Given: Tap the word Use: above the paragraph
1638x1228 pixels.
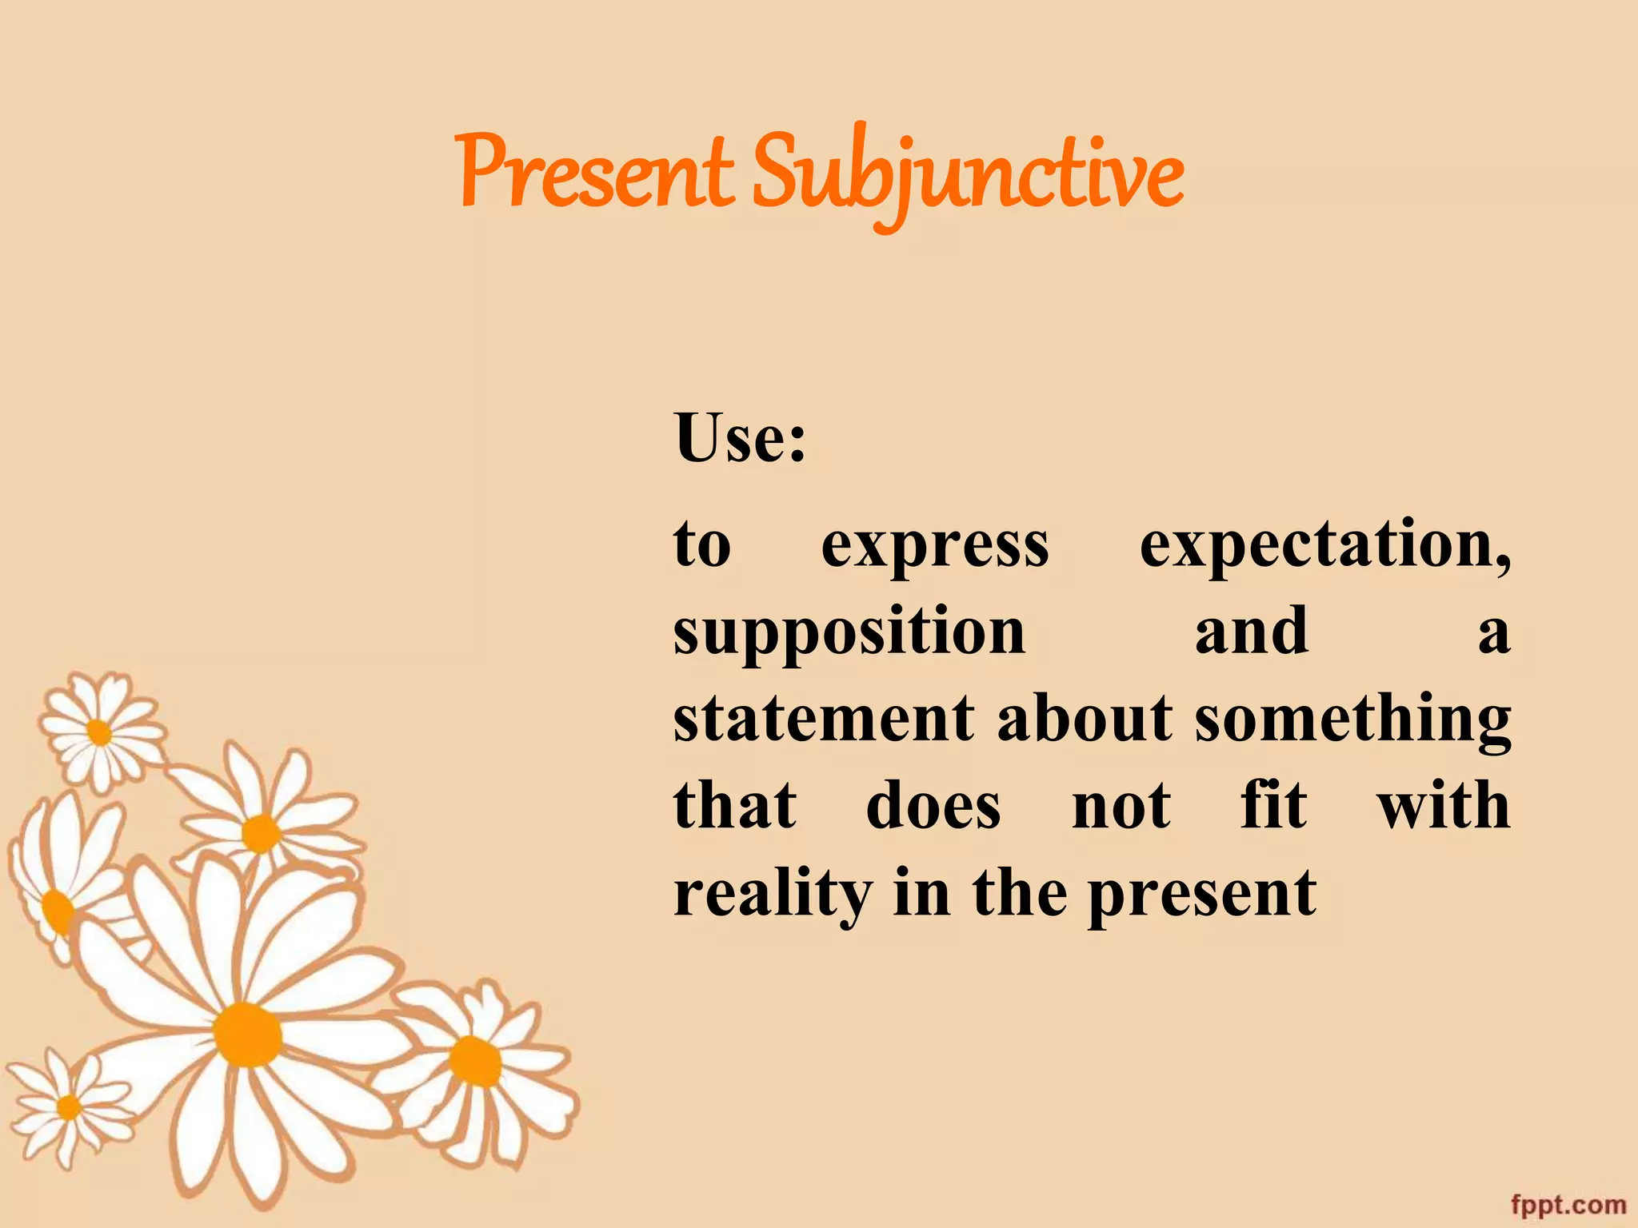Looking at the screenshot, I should point(740,437).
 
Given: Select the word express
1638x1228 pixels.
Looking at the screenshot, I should point(935,546).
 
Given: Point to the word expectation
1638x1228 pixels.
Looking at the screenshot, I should point(1324,546).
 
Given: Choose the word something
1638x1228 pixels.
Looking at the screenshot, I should point(1352,720).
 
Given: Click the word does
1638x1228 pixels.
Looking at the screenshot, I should point(933,805).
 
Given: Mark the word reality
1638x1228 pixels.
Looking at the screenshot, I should point(772,894).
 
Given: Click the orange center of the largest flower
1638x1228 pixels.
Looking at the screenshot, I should point(247,1035).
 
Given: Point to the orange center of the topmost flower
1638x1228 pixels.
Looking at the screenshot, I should point(99,732).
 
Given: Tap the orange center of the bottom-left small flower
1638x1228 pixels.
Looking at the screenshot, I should point(70,1107).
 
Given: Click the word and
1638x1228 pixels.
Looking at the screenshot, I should point(1252,632).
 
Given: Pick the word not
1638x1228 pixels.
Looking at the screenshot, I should point(1121,805).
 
